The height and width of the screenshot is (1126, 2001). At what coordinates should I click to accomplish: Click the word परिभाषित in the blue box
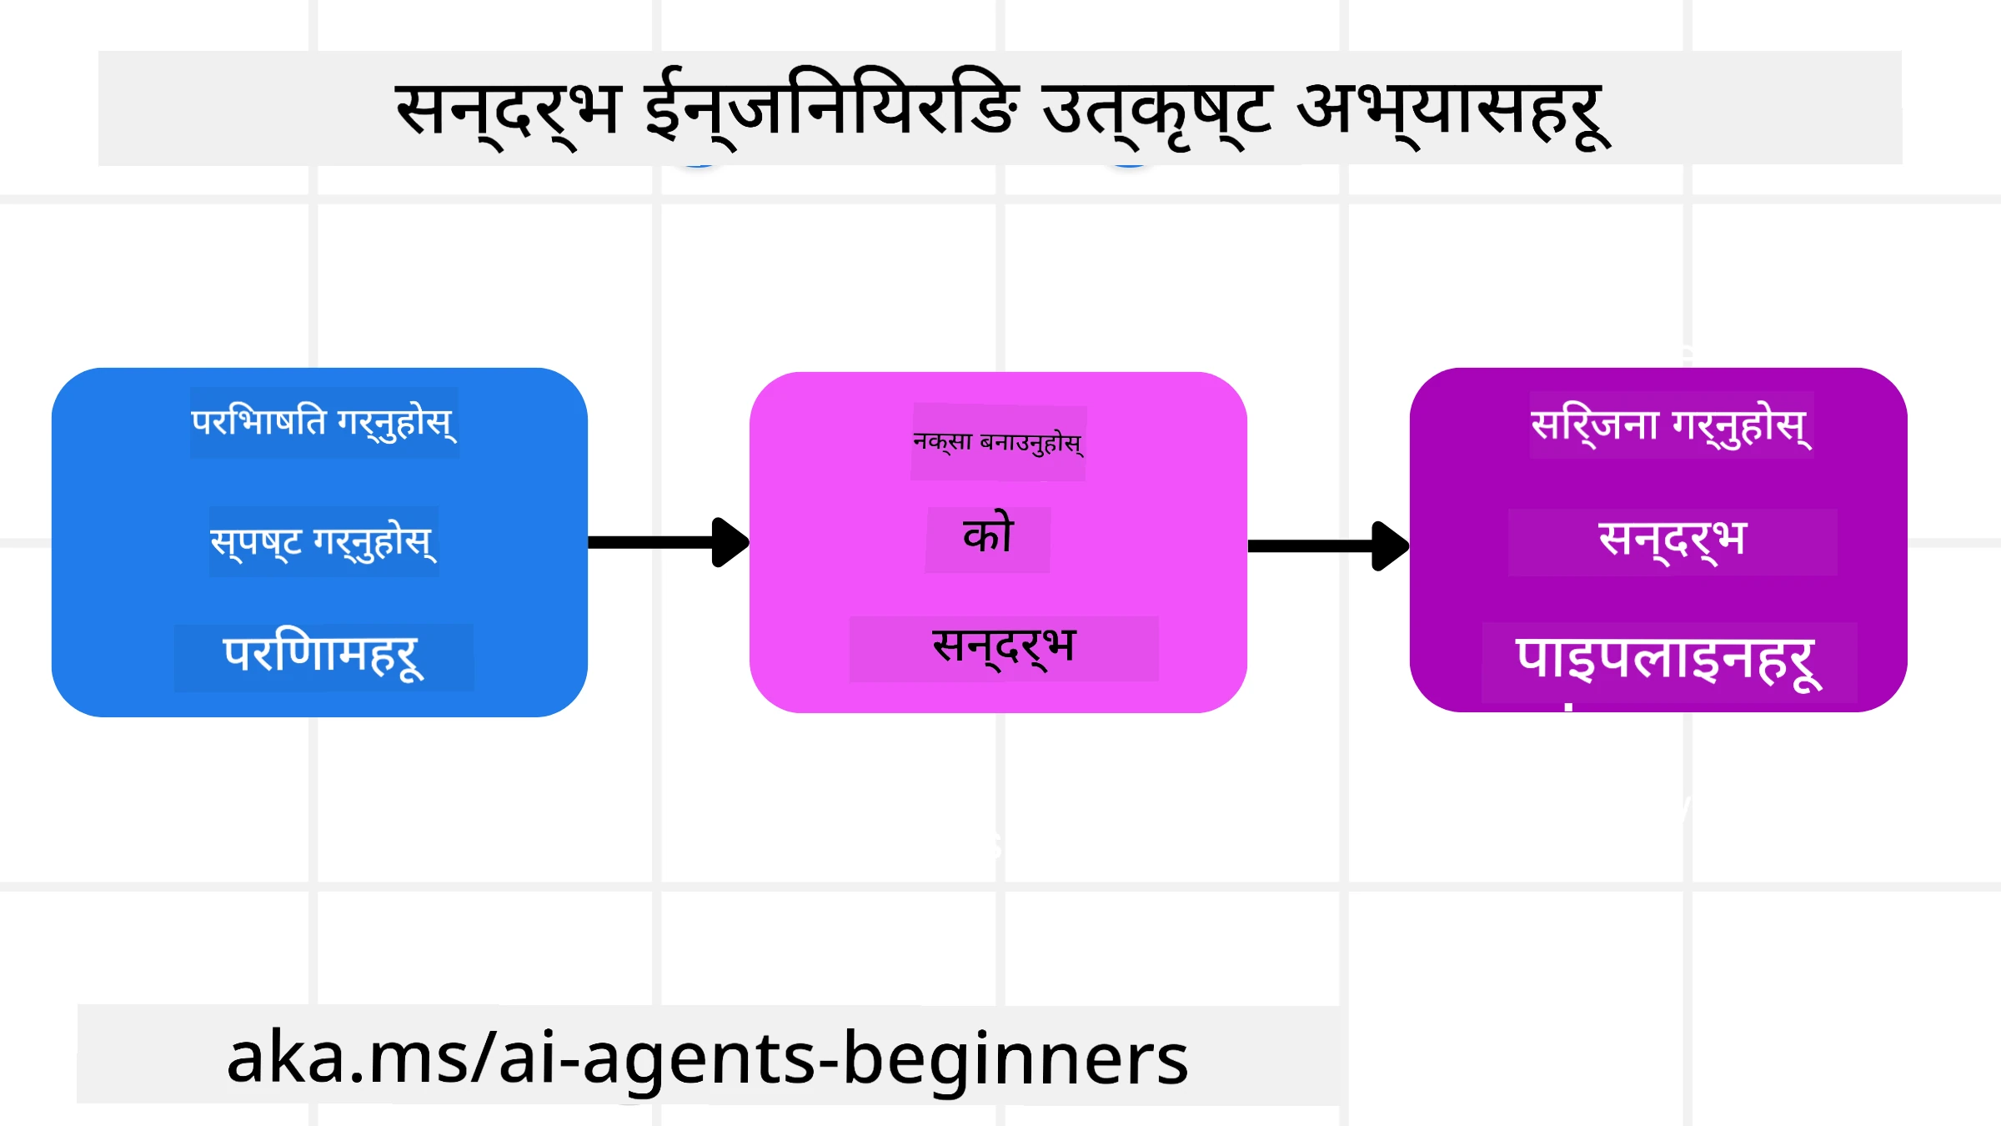click(x=258, y=422)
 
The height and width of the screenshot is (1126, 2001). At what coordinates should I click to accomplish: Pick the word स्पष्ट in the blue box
click(x=256, y=542)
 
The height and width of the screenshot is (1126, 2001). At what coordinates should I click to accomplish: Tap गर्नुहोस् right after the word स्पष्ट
click(x=374, y=542)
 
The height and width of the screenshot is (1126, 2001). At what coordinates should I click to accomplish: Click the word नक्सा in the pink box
click(x=943, y=441)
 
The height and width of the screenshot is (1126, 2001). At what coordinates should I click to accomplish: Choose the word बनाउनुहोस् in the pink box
click(x=1031, y=442)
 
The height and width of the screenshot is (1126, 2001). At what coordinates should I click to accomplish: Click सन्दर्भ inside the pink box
click(x=1004, y=647)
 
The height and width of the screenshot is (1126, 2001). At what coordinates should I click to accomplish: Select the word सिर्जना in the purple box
click(x=1595, y=425)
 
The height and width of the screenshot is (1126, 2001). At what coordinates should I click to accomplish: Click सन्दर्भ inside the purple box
click(x=1672, y=540)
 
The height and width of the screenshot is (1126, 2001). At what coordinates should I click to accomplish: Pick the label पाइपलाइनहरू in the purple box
click(x=1668, y=660)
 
